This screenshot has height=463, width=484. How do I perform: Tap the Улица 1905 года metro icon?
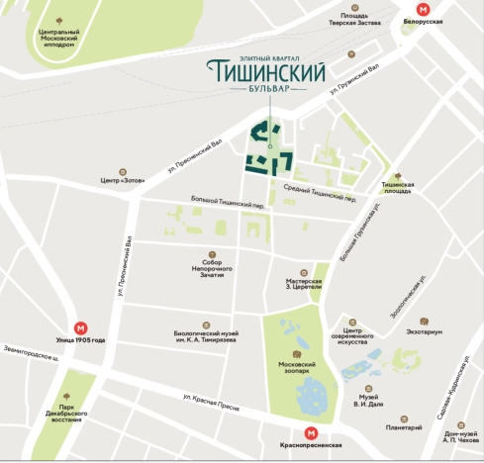pyautogui.click(x=80, y=327)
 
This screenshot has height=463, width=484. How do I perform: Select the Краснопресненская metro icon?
pyautogui.click(x=311, y=431)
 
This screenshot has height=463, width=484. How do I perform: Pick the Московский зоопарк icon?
pyautogui.click(x=296, y=353)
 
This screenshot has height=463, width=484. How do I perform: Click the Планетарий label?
pyautogui.click(x=404, y=427)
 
